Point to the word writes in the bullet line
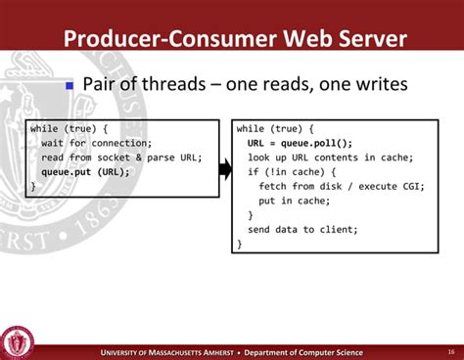pos(376,85)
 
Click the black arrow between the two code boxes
pos(224,169)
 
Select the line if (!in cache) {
pos(295,171)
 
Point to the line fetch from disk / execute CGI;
pos(338,186)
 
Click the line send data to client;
pos(302,229)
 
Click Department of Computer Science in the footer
pos(302,352)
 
